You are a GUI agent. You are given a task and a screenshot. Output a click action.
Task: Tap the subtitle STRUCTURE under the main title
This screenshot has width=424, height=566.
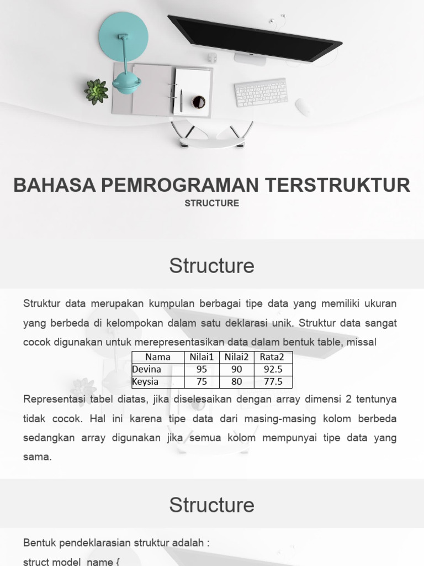pyautogui.click(x=212, y=203)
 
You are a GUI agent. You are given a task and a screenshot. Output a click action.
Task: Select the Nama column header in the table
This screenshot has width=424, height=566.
pyautogui.click(x=158, y=357)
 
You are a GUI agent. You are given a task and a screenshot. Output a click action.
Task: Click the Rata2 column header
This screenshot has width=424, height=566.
pyautogui.click(x=272, y=357)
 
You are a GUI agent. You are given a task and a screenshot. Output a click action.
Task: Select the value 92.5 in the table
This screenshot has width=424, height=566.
pyautogui.click(x=272, y=369)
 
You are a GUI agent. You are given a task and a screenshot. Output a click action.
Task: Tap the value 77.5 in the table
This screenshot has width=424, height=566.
pyautogui.click(x=272, y=381)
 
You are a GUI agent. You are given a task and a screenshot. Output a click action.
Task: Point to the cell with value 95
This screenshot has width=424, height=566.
pyautogui.click(x=202, y=369)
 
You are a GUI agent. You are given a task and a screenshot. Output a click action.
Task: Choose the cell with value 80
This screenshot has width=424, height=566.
pyautogui.click(x=237, y=381)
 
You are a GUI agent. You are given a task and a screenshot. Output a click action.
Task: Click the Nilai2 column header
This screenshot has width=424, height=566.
pyautogui.click(x=236, y=357)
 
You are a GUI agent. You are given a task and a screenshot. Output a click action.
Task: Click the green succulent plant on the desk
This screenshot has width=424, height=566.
pyautogui.click(x=96, y=91)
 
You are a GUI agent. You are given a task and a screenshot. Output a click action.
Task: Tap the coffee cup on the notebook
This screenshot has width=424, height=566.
pyautogui.click(x=198, y=102)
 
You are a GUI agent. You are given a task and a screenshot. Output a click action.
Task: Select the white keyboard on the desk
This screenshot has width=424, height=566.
pyautogui.click(x=261, y=92)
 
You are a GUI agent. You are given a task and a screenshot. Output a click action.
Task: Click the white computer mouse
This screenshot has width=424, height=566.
pyautogui.click(x=303, y=107)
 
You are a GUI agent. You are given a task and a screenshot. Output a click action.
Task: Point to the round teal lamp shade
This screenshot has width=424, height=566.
pyautogui.click(x=123, y=34)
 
